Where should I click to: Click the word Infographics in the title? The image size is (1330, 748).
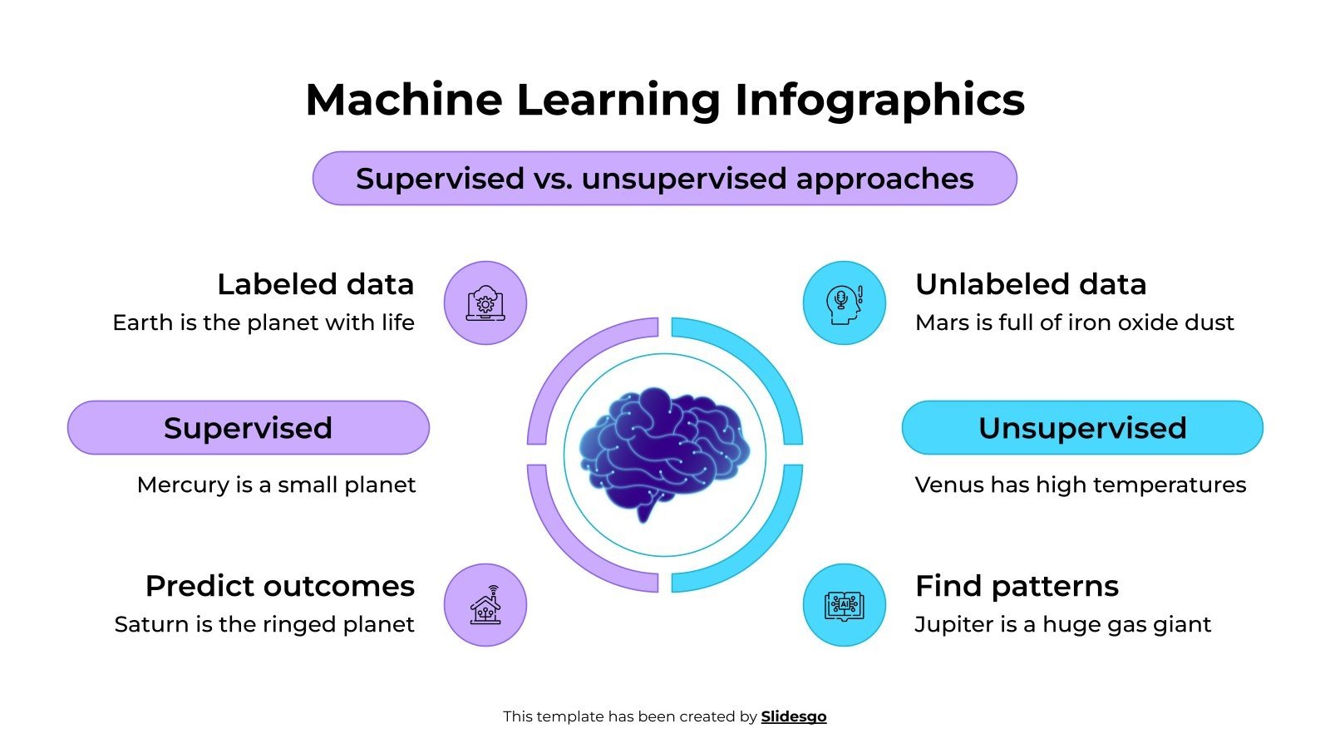tap(879, 100)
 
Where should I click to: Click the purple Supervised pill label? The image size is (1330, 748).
tap(248, 428)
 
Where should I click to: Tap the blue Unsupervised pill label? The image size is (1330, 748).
tap(1081, 428)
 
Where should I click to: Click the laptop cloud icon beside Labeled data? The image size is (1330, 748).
tap(485, 303)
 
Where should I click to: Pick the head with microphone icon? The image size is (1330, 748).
tap(844, 303)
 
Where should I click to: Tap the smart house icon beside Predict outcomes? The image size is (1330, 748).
tap(485, 605)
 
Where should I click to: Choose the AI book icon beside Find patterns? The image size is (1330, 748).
tap(844, 605)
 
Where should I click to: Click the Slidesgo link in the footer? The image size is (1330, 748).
tap(793, 716)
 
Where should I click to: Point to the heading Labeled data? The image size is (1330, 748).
tap(315, 284)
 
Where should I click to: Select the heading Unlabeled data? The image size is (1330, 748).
tap(1031, 284)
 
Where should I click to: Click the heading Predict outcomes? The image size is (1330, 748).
tap(279, 586)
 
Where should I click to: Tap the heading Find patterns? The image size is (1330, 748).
tap(1017, 586)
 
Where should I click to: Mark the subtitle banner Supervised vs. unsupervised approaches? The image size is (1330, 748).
tap(664, 179)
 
